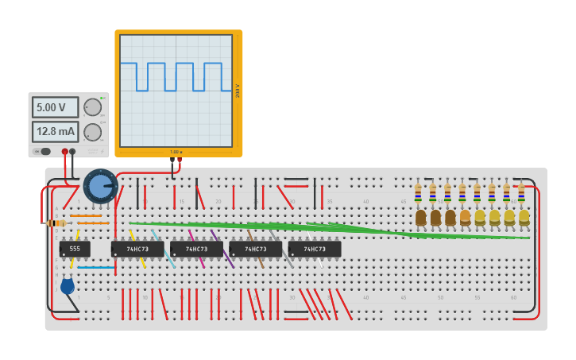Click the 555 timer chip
tap(75, 249)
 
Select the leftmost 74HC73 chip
tap(137, 249)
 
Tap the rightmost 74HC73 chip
tap(315, 249)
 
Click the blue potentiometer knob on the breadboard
tap(99, 186)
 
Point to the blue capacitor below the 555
tap(68, 285)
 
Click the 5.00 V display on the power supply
tap(56, 107)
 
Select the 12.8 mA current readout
tap(56, 131)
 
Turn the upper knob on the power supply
tap(93, 107)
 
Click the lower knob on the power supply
tap(93, 132)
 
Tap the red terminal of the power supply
tap(65, 151)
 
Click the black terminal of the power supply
tap(73, 151)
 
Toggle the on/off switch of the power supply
tap(43, 151)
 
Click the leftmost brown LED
tap(421, 218)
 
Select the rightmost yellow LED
tap(524, 217)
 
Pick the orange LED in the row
tap(466, 217)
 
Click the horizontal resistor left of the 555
tap(56, 223)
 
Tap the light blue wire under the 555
tap(96, 267)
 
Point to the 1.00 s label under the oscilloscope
tap(176, 152)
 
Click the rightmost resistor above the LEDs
tap(521, 192)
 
